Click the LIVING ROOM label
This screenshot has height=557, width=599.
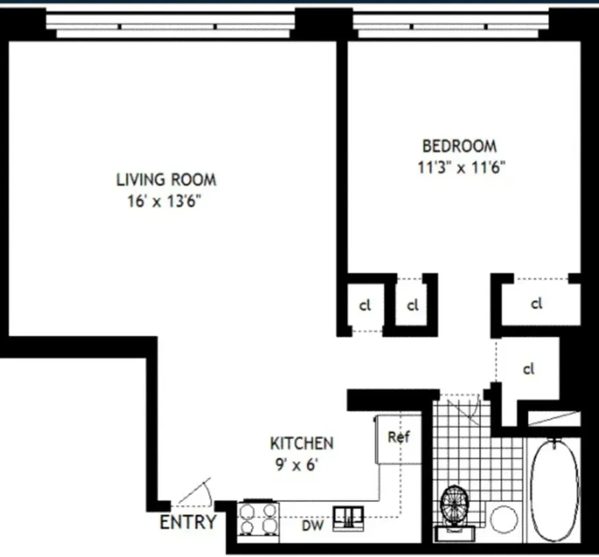(x=166, y=180)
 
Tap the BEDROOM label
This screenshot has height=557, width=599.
(x=459, y=146)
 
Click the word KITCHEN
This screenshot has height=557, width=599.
(x=302, y=444)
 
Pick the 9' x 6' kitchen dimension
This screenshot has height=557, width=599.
(x=295, y=465)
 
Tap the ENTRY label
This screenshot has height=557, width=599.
(x=188, y=522)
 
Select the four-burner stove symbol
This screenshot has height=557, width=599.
(x=258, y=518)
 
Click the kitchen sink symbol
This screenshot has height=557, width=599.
(x=350, y=518)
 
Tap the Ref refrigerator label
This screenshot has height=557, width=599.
(x=398, y=437)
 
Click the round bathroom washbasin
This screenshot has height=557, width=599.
(x=504, y=519)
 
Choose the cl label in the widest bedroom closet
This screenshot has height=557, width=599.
(x=536, y=302)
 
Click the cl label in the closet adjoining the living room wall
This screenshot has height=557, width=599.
(x=365, y=305)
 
